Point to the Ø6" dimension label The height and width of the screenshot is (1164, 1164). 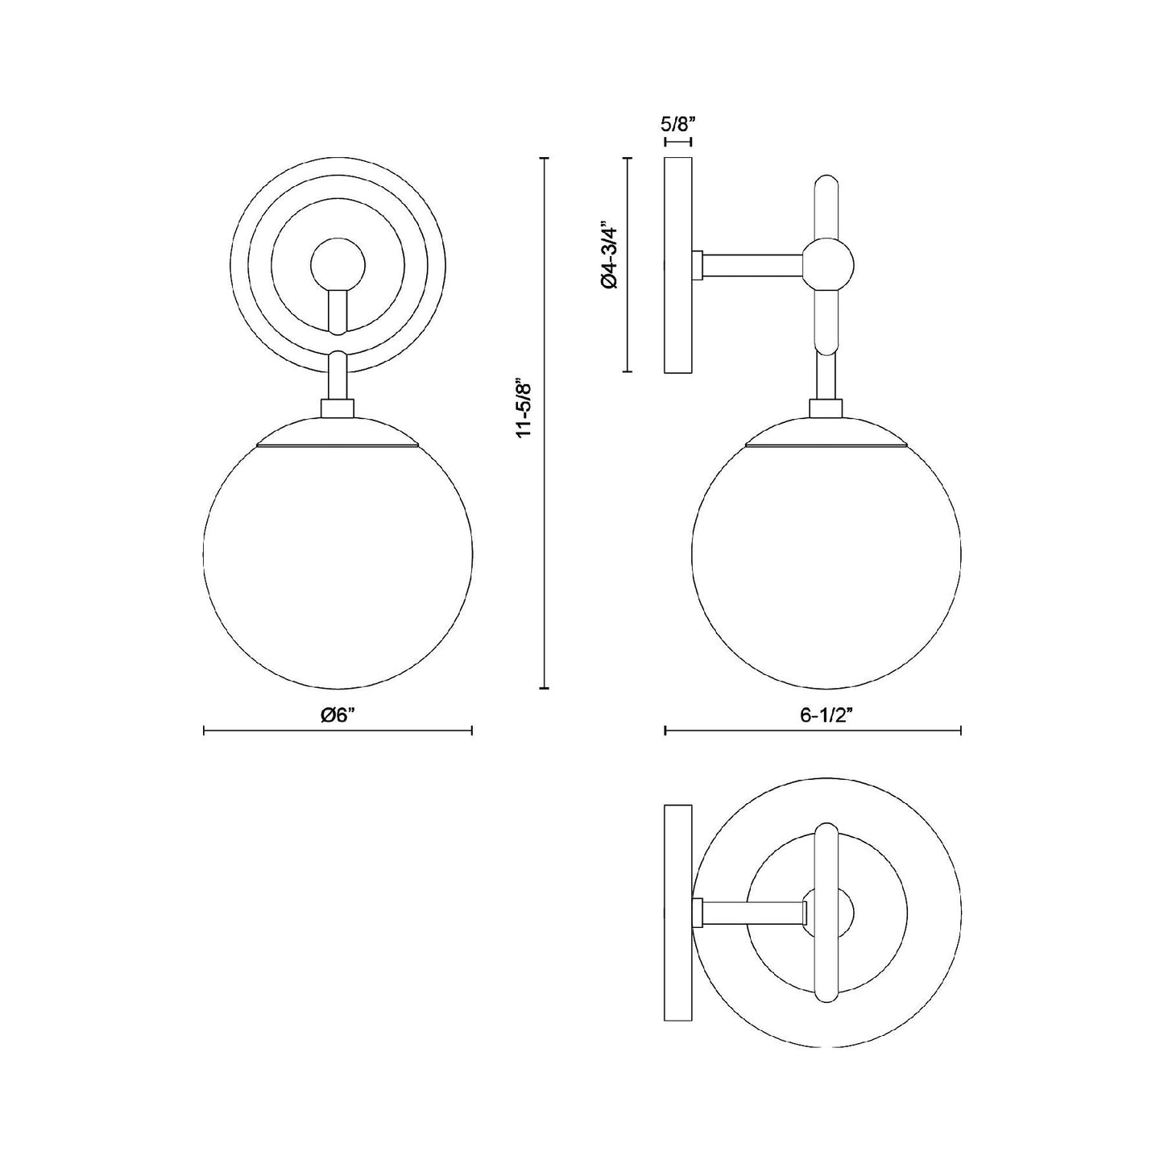[338, 715]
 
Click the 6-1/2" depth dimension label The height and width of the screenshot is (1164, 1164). [811, 715]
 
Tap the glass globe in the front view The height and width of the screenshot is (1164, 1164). [338, 564]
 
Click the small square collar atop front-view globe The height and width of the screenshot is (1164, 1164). [338, 408]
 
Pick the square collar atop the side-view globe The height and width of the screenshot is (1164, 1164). [826, 408]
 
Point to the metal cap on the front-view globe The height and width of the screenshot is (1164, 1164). [338, 433]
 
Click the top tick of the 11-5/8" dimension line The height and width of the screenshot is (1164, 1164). [545, 159]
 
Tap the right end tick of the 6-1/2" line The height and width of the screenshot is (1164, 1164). [960, 731]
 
